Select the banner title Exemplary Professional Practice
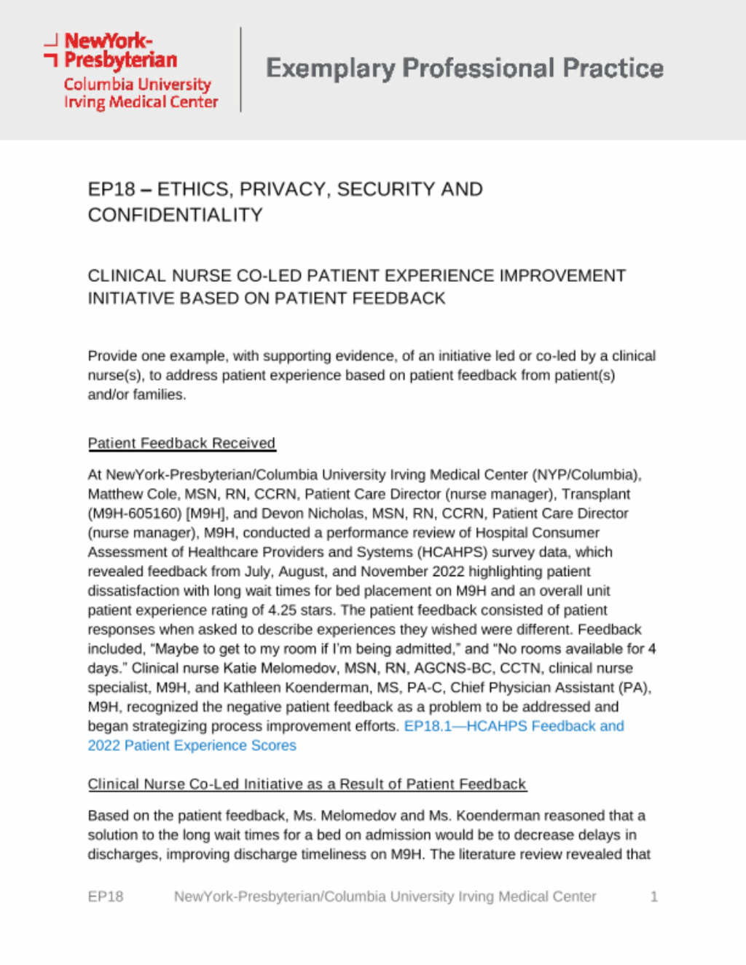pos(464,68)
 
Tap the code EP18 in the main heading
pos(111,189)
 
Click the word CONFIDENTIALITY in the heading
pos(175,215)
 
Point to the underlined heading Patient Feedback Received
pos(181,443)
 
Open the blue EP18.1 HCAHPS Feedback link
pos(514,726)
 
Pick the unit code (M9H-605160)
pos(135,513)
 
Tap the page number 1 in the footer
pos(654,897)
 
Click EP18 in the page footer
pos(106,897)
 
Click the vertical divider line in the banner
pos(241,69)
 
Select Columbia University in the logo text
pos(137,84)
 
